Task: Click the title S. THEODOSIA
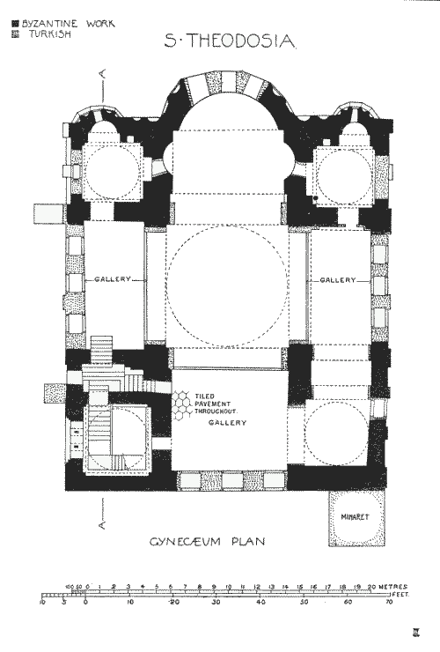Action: tap(231, 41)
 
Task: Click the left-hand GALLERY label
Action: tap(113, 279)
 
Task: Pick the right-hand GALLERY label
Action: tap(338, 279)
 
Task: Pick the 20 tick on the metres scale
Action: tap(373, 587)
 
